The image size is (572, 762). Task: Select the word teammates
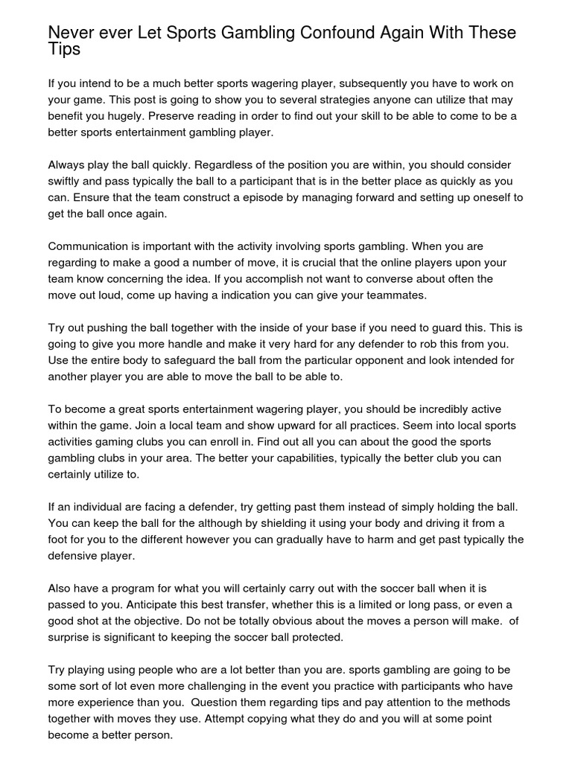click(x=375, y=295)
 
